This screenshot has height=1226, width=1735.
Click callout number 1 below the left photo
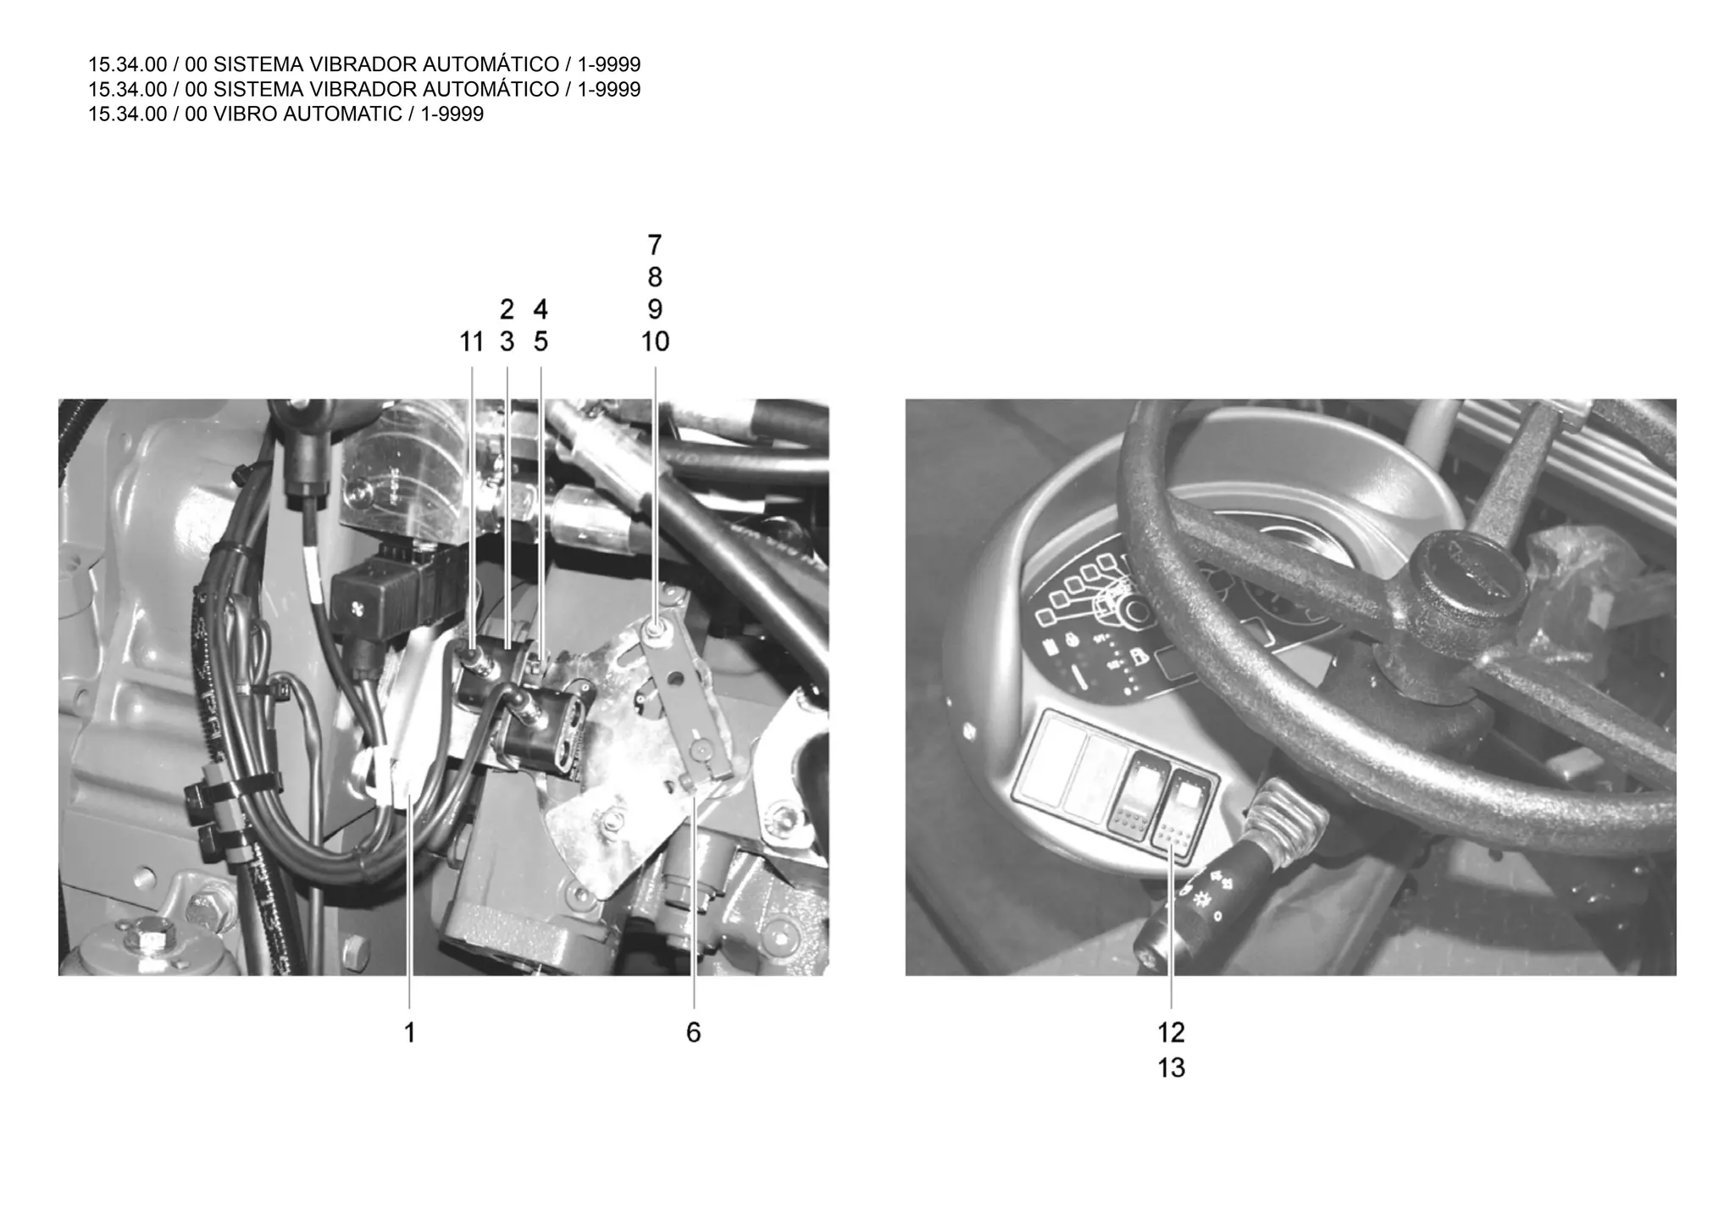click(409, 1033)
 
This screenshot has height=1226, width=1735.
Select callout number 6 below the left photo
click(693, 1033)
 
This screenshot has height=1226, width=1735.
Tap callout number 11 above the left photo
click(471, 341)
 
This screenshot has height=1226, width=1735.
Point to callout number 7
click(654, 245)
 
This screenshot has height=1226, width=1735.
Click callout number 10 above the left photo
click(655, 341)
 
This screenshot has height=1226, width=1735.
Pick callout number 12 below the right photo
click(1171, 1033)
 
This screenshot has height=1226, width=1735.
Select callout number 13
click(1171, 1068)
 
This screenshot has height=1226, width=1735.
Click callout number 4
click(540, 309)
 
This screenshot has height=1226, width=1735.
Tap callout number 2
click(507, 309)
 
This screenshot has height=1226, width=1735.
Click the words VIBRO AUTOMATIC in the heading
click(308, 114)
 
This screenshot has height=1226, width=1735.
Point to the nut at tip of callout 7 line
click(655, 628)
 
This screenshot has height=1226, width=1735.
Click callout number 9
click(654, 309)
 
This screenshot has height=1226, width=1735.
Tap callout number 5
click(540, 341)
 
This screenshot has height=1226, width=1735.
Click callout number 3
click(507, 341)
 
